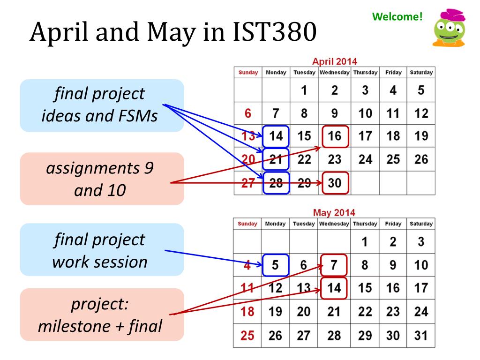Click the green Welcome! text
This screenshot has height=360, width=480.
click(397, 16)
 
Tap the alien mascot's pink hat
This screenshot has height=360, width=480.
click(452, 15)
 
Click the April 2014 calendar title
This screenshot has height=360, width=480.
click(335, 61)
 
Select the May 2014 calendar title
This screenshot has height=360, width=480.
click(334, 212)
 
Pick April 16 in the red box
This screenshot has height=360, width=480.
click(335, 136)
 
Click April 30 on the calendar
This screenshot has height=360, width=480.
click(335, 183)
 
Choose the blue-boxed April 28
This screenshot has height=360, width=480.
click(276, 183)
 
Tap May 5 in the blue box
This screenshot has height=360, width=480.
click(275, 265)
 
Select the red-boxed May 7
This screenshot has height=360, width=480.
click(334, 265)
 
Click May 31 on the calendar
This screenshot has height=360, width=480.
click(421, 336)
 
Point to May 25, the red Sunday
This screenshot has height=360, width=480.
click(247, 336)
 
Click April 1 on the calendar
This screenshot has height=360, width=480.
click(304, 90)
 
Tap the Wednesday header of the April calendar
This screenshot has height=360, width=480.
click(335, 73)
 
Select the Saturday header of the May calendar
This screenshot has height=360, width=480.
click(421, 224)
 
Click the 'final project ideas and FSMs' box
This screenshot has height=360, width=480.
click(102, 105)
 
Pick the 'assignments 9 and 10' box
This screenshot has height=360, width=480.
click(102, 179)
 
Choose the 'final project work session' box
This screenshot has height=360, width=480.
click(102, 249)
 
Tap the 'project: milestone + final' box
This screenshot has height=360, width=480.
click(102, 315)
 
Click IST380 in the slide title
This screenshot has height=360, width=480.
click(274, 31)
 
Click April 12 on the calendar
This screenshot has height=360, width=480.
click(421, 113)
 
